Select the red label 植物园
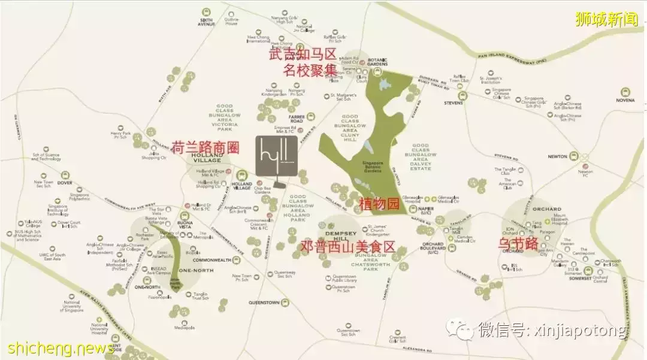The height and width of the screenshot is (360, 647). tap(379, 204)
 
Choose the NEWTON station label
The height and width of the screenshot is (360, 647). tap(557, 156)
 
